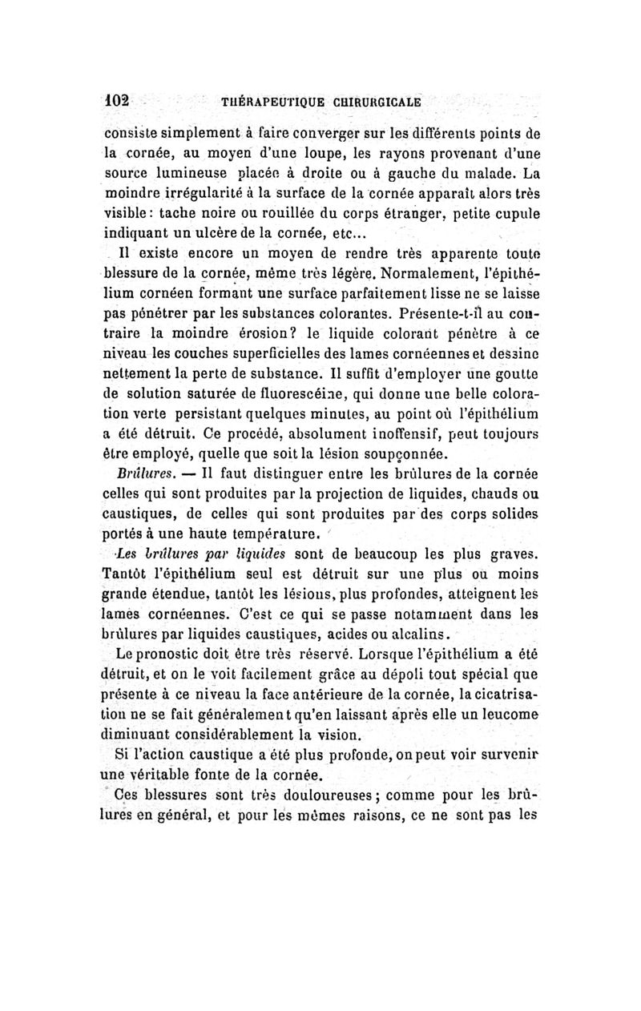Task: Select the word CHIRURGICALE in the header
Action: click(x=379, y=104)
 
